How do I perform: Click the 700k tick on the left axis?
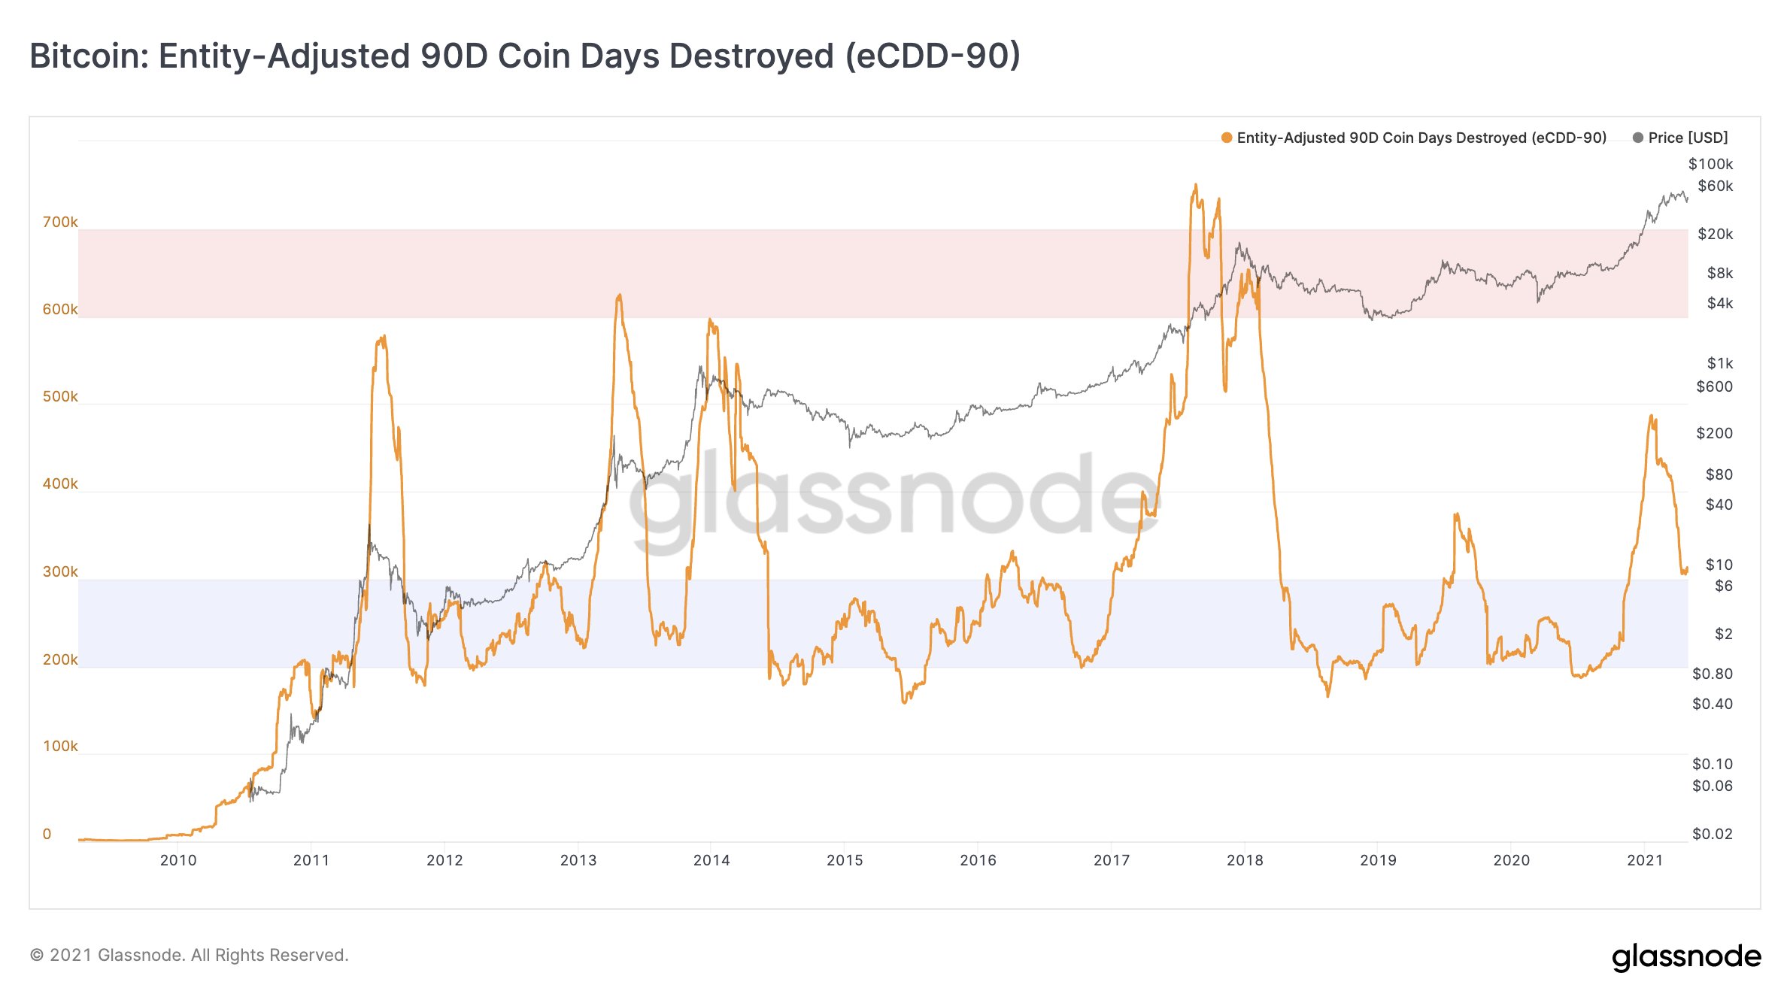tap(60, 222)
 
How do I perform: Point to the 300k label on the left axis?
tap(60, 571)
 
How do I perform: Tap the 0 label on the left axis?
tap(47, 834)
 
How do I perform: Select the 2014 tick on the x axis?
tap(711, 860)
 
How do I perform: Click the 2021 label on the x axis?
tap(1645, 860)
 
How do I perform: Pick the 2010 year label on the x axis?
tap(178, 860)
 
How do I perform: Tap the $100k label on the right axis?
tap(1710, 164)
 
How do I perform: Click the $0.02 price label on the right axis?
tap(1712, 834)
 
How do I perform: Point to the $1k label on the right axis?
tap(1719, 363)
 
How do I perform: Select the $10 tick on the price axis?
tap(1719, 565)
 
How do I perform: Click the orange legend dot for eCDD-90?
tap(1227, 138)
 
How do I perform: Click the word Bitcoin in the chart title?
tap(89, 56)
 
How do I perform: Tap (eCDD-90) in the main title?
tap(933, 56)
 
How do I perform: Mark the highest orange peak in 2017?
tap(1195, 185)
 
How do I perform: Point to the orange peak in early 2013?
tap(619, 295)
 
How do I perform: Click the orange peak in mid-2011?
tap(384, 337)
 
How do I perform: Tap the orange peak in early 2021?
tap(1651, 416)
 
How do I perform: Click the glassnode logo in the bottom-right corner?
tap(1686, 956)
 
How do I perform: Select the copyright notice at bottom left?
tap(189, 955)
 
